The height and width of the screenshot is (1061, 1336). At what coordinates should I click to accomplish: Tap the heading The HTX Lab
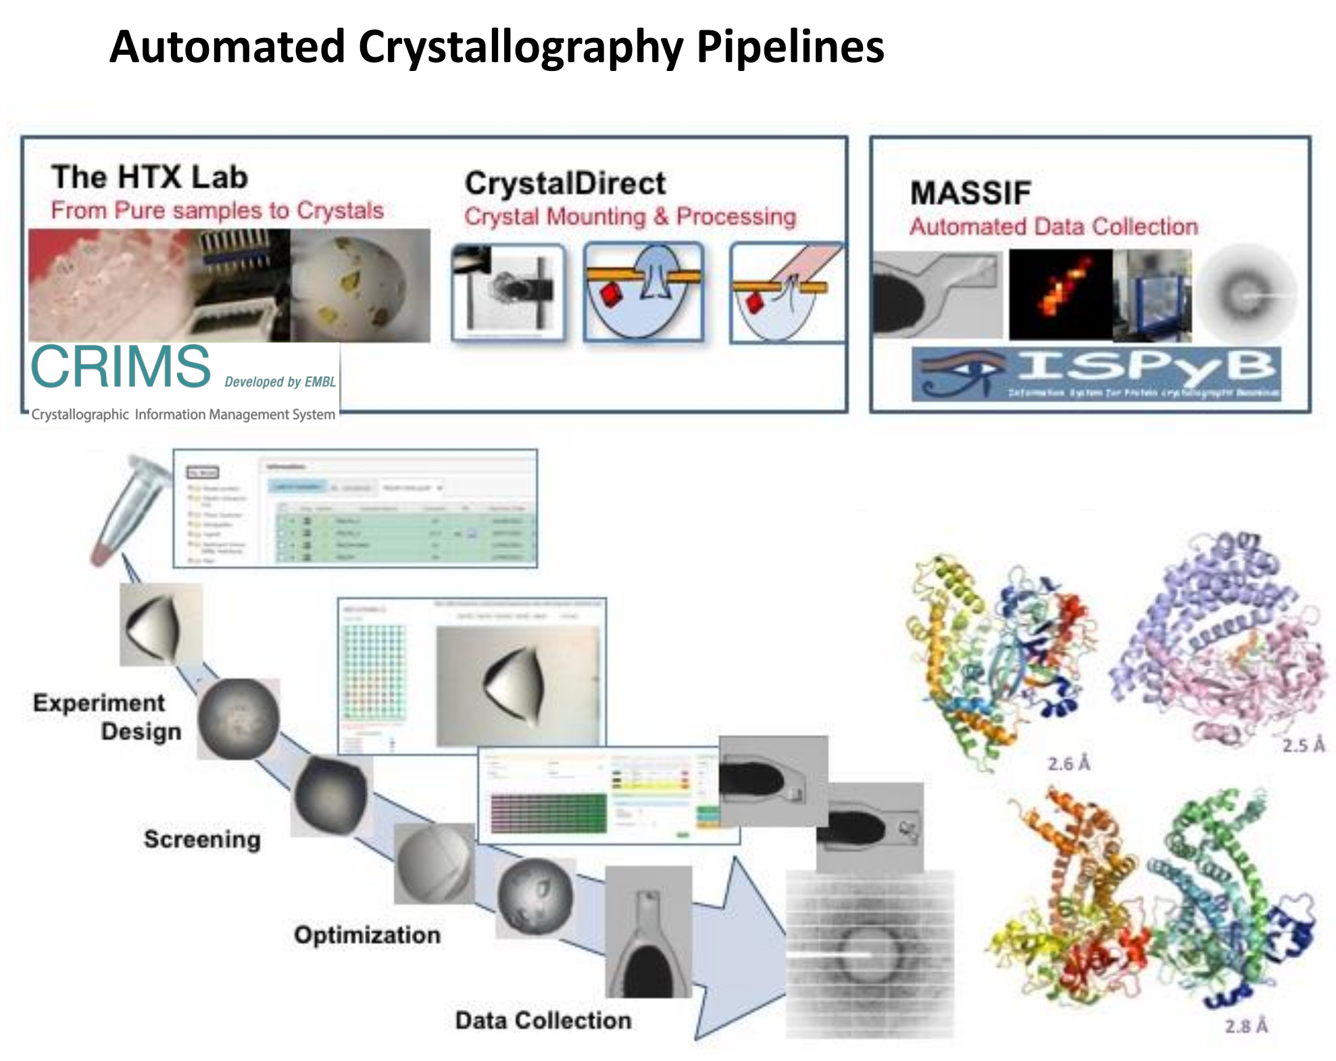[150, 177]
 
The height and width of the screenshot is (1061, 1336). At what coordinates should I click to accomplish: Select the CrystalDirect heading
[565, 183]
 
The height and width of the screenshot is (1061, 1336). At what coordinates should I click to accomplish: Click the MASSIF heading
[970, 193]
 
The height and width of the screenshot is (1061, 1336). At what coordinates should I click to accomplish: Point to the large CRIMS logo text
[121, 367]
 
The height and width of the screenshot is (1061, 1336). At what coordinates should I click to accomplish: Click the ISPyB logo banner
[1095, 373]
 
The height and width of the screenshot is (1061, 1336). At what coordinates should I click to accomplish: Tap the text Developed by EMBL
[280, 382]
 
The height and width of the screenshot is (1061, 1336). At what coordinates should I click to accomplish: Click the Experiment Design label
[107, 717]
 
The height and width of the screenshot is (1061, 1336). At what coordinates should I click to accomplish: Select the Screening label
[202, 839]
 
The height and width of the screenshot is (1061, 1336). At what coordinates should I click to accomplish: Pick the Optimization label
[367, 935]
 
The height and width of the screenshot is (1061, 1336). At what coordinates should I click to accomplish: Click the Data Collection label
[543, 1020]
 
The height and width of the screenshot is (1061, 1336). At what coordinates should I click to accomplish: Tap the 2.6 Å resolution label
[1068, 763]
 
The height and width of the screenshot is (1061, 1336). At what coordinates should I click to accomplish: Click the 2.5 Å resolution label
[1303, 745]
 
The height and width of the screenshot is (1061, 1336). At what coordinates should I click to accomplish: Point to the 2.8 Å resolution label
[1246, 1026]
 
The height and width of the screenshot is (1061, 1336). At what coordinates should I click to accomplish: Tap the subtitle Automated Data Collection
[1054, 227]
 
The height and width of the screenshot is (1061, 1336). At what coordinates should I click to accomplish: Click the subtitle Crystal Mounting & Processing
[630, 216]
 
